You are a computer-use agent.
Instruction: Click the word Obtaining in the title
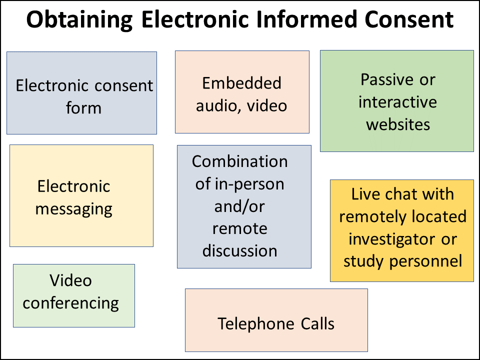click(x=79, y=20)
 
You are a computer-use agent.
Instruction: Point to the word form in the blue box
click(x=83, y=107)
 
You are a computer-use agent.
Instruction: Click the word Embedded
click(x=241, y=83)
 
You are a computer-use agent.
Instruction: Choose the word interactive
click(x=397, y=102)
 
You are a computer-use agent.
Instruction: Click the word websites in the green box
click(x=397, y=124)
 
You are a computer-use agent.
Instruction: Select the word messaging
click(x=74, y=209)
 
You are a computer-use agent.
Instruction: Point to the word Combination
click(x=240, y=161)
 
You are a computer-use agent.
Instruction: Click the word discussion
click(x=240, y=250)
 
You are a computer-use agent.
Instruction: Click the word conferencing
click(x=71, y=303)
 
